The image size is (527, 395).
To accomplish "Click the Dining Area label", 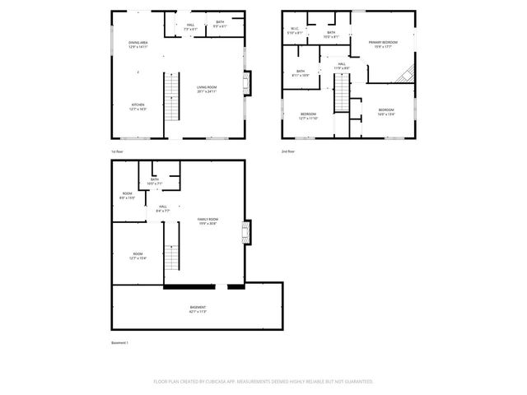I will (x=138, y=44).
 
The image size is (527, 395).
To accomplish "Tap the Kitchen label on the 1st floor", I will (x=138, y=106).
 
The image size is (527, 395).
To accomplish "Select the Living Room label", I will (x=207, y=89).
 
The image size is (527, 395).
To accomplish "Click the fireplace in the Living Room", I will (x=249, y=83).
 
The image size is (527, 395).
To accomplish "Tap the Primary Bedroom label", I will (x=383, y=44).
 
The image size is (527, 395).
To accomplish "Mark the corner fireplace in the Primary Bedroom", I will (x=403, y=75).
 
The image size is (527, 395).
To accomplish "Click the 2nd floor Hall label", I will (x=341, y=66).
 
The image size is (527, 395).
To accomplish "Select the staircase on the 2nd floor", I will (x=341, y=91).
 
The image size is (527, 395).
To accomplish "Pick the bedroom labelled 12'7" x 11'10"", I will (x=308, y=115).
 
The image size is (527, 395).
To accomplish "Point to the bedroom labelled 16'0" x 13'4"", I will (x=386, y=112).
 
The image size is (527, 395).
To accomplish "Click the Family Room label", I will (x=207, y=221).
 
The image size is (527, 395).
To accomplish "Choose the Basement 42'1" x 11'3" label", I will (x=198, y=309).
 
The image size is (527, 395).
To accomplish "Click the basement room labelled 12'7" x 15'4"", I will (x=138, y=256).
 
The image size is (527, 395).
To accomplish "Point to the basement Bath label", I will (x=155, y=181).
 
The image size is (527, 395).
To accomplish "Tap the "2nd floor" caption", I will (x=288, y=151).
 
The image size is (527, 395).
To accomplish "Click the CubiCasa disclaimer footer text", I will (x=263, y=381).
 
